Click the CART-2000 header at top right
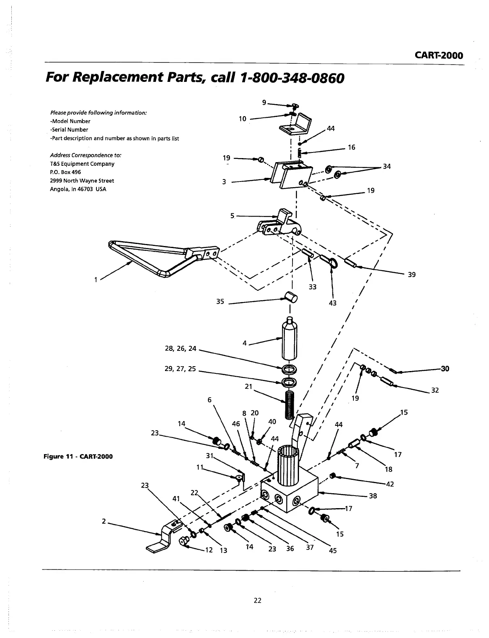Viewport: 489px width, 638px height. click(x=439, y=55)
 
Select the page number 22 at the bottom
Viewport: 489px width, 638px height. click(x=257, y=600)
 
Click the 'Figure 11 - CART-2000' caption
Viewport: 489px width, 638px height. click(x=78, y=456)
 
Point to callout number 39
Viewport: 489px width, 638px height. click(x=412, y=275)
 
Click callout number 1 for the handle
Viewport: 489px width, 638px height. click(x=96, y=279)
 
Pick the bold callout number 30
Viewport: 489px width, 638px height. click(x=445, y=368)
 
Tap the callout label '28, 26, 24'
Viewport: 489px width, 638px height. click(x=180, y=348)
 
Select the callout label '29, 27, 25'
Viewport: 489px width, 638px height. click(x=180, y=368)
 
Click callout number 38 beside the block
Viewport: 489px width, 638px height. click(x=373, y=496)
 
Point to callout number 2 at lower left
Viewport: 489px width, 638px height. click(x=104, y=521)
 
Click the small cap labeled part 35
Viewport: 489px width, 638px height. click(x=291, y=298)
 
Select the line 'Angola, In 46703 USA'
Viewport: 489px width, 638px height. click(x=78, y=189)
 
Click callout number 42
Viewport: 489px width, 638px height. click(x=390, y=484)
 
